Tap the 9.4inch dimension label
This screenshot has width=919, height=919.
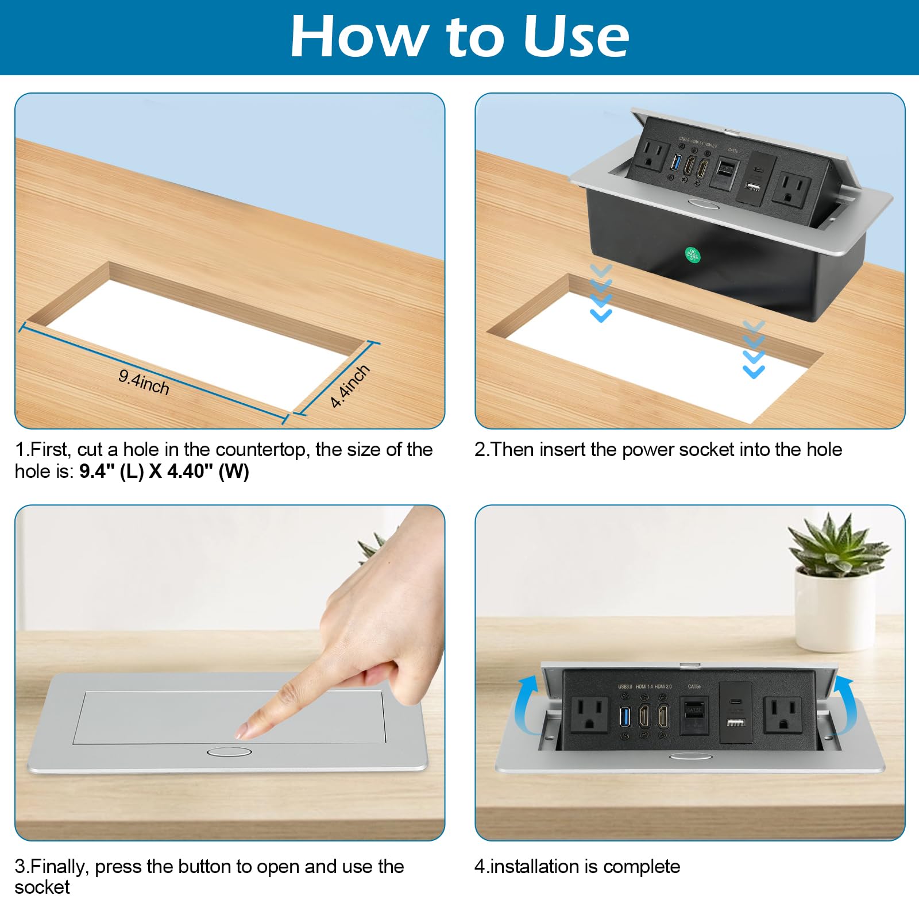[x=144, y=383]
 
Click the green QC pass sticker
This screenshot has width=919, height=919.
[x=693, y=255]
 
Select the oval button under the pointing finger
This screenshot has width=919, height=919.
[x=229, y=752]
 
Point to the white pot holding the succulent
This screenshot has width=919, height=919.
[x=835, y=609]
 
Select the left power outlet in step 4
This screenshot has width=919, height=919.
[x=589, y=714]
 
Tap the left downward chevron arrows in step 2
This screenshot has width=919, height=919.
[x=601, y=294]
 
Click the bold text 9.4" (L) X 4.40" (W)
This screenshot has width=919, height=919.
[x=164, y=472]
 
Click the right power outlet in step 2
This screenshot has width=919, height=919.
[x=794, y=188]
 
